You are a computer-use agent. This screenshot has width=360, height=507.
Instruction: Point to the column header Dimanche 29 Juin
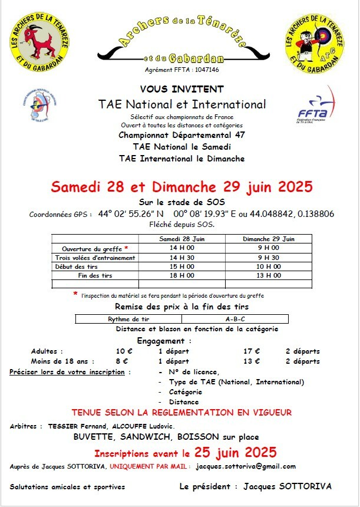tap(260, 239)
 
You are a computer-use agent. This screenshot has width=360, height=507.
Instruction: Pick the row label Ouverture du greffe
tap(93, 249)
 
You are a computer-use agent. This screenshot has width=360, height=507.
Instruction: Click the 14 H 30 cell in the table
tap(182, 258)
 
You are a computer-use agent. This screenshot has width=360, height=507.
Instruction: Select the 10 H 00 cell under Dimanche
tap(260, 266)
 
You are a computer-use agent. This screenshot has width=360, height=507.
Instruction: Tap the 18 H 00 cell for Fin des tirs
tap(182, 275)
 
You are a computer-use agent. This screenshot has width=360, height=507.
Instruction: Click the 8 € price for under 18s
tap(122, 361)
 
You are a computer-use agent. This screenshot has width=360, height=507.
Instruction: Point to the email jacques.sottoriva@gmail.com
tap(246, 466)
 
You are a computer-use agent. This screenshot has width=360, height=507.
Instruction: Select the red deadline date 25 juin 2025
tap(235, 453)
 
